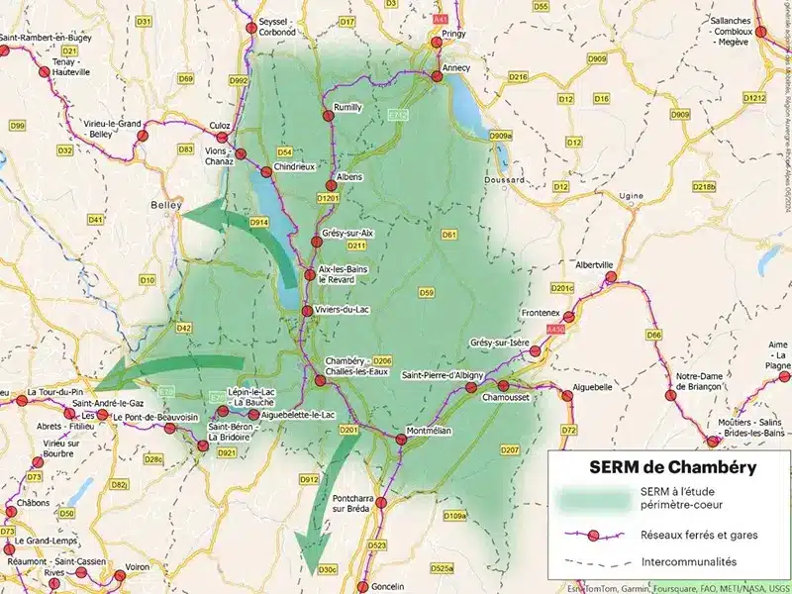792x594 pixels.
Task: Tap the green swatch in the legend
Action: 592,500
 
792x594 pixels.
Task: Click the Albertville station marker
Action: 612,278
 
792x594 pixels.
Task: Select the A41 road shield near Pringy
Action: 441,18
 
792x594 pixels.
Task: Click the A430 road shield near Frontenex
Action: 554,328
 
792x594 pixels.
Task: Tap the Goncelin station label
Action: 388,586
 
